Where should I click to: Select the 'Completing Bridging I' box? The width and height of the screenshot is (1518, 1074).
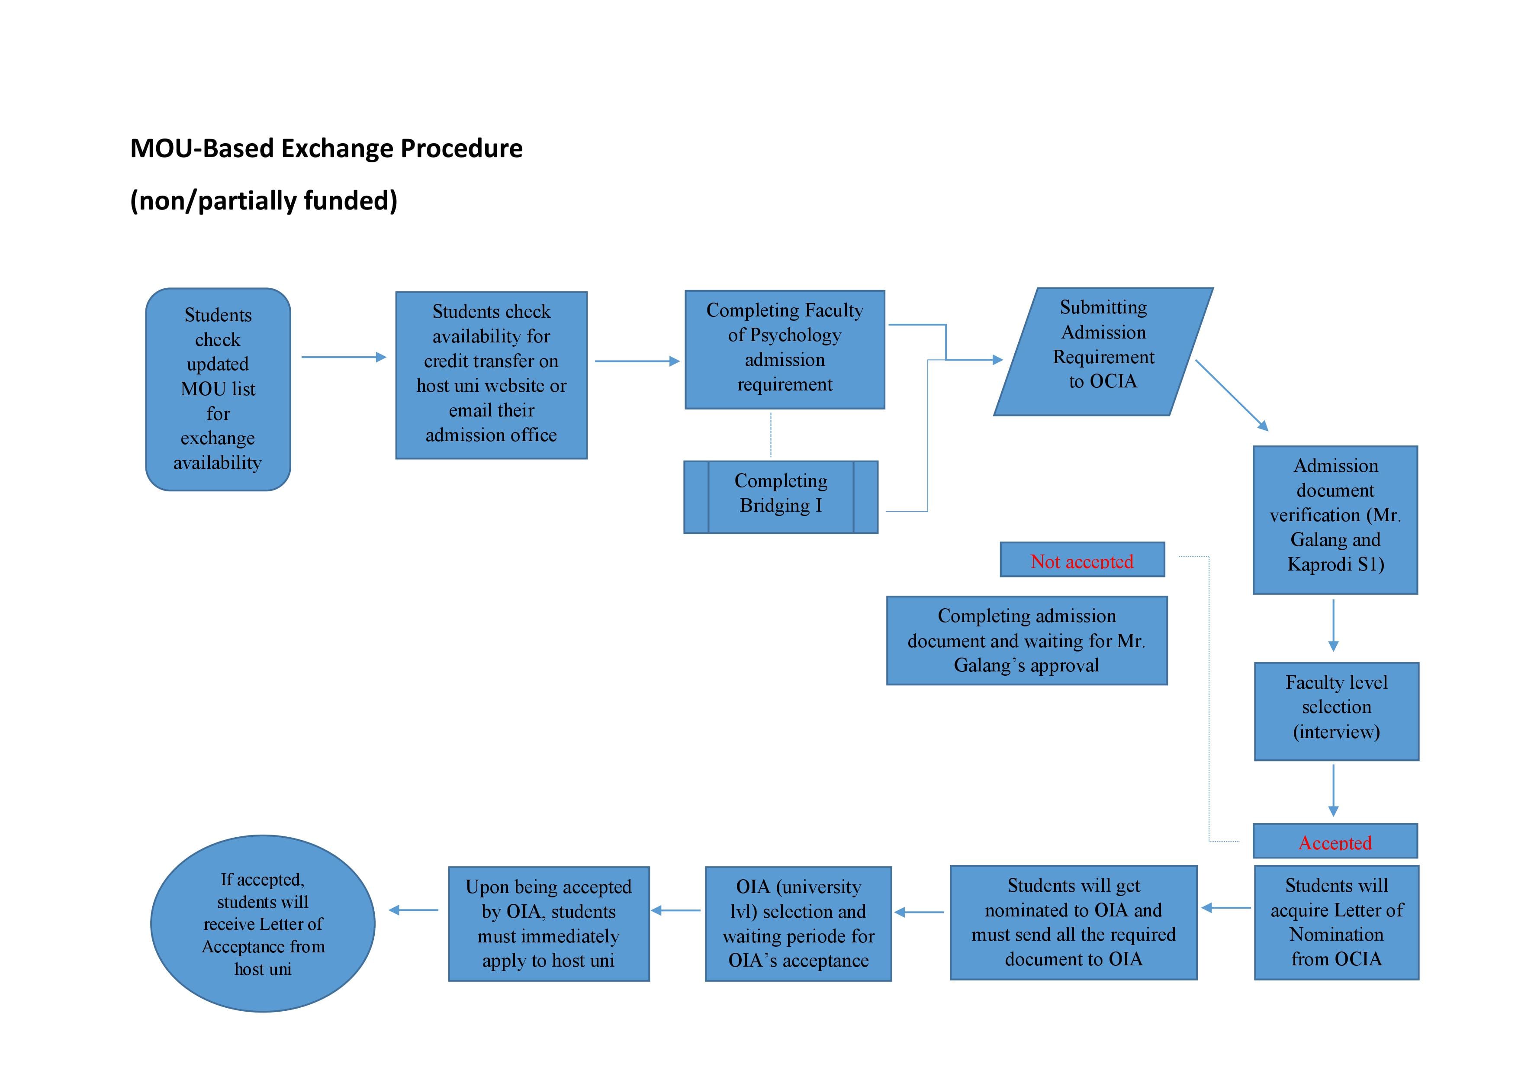tap(781, 497)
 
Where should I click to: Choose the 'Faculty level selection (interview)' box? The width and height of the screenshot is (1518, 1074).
tap(1336, 711)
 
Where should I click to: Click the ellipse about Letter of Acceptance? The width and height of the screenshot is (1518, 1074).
tap(263, 923)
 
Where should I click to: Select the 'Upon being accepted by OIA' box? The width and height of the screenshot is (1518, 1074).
tap(549, 923)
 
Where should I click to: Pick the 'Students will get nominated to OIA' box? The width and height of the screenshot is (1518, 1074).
tap(1074, 922)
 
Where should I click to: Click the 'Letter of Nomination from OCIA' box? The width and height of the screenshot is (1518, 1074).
tap(1336, 922)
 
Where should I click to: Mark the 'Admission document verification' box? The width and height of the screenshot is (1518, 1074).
tap(1335, 520)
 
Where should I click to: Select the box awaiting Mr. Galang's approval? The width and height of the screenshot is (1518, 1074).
tap(1027, 640)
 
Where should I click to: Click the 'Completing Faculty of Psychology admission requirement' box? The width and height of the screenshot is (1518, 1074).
tap(785, 349)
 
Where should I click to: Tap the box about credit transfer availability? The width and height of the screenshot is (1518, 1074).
tap(491, 375)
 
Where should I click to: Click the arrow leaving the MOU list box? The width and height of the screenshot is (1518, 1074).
tap(344, 357)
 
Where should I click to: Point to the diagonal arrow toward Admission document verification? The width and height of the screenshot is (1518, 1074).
tap(1232, 396)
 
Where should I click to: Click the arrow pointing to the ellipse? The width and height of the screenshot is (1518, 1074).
tap(413, 910)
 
